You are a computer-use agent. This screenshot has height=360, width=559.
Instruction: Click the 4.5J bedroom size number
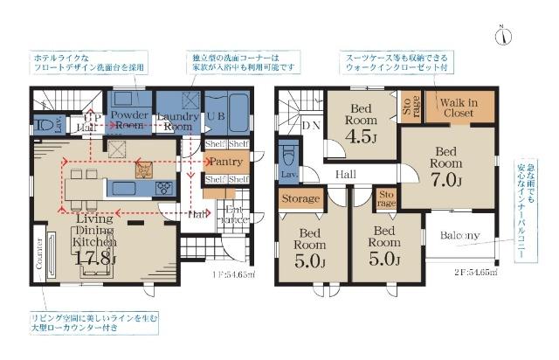pyautogui.click(x=361, y=138)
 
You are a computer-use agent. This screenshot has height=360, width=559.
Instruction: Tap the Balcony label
pyautogui.click(x=459, y=235)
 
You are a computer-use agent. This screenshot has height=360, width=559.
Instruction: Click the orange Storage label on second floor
pyautogui.click(x=300, y=200)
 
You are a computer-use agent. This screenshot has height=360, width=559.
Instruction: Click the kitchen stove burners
pyautogui.click(x=163, y=188)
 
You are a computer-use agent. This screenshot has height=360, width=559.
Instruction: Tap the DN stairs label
pyautogui.click(x=310, y=126)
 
